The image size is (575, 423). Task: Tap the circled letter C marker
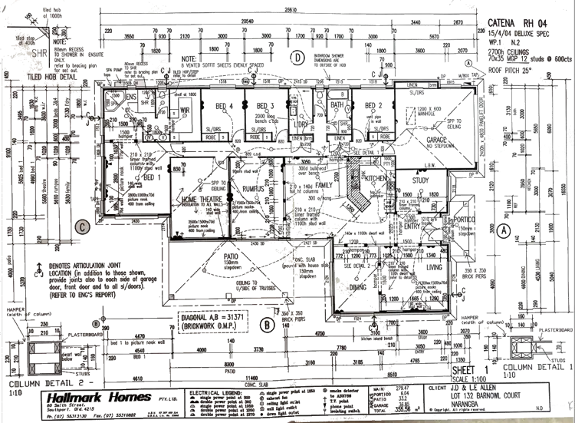tap(82, 226)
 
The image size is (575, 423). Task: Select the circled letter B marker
tap(266, 325)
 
